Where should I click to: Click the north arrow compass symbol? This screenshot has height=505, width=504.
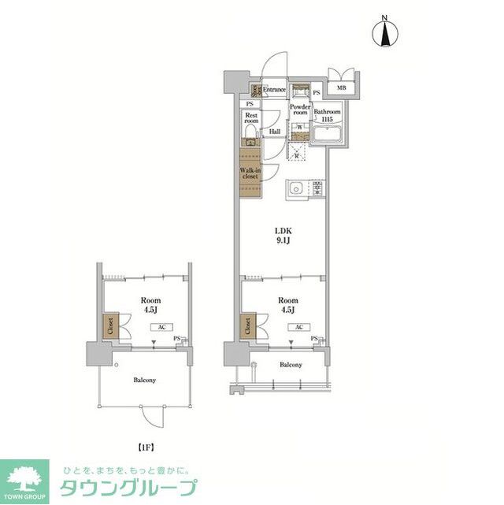(x=386, y=34)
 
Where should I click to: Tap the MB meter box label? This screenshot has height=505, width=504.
(x=341, y=88)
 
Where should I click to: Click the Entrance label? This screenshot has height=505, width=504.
(x=274, y=90)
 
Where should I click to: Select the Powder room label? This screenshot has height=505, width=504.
(x=299, y=110)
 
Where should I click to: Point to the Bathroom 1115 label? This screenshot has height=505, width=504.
(x=326, y=116)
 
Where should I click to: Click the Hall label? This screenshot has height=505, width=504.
(x=275, y=132)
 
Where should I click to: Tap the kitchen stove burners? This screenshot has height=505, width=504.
(x=318, y=189)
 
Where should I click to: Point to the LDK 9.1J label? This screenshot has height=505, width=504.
(x=283, y=236)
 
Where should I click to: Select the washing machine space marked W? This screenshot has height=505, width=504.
(x=300, y=127)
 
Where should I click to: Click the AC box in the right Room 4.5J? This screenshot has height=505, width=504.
(x=298, y=326)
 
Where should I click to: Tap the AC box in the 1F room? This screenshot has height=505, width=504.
(x=160, y=326)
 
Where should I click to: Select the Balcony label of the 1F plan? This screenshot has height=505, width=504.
(x=144, y=380)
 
